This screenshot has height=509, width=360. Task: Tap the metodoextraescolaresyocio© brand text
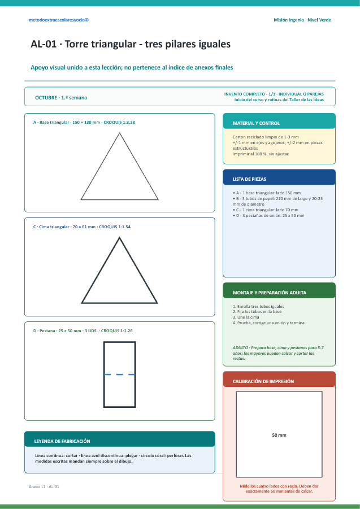click(59, 20)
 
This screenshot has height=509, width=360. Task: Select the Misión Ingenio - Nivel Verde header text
click(302, 20)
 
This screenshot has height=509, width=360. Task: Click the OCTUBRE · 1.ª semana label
click(61, 98)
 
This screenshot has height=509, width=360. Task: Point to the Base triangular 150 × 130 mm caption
click(84, 123)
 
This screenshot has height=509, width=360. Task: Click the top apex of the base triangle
click(120, 133)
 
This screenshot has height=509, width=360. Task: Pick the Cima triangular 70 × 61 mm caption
click(82, 227)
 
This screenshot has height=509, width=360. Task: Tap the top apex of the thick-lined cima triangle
click(119, 238)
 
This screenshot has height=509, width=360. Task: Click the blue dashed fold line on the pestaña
click(119, 375)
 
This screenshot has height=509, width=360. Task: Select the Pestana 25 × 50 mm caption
click(83, 331)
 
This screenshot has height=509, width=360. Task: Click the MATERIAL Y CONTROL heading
click(256, 123)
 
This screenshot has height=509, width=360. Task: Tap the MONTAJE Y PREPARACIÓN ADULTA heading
click(270, 293)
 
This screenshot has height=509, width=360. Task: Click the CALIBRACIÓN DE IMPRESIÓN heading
click(263, 381)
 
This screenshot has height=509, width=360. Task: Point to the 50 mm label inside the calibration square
click(279, 435)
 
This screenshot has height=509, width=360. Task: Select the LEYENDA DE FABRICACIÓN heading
click(62, 441)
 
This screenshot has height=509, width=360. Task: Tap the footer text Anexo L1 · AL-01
click(44, 486)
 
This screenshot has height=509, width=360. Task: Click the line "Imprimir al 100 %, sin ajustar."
click(261, 154)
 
